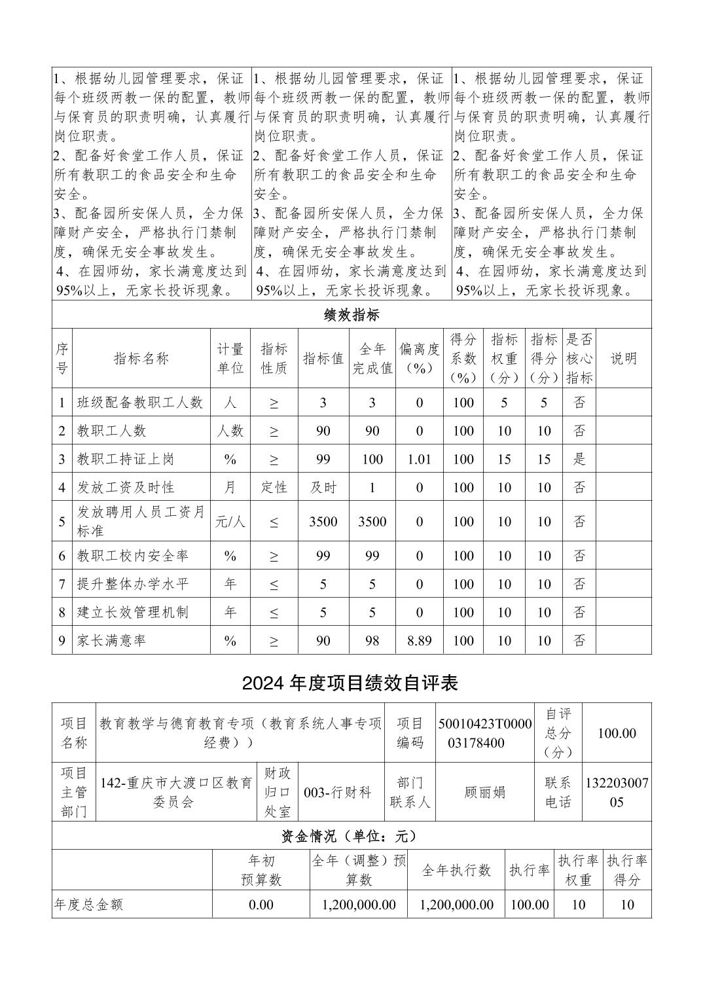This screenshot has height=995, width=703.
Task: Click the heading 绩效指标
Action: point(351,315)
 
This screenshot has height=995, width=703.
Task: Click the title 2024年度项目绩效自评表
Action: point(350,683)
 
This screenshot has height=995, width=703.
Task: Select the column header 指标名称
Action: point(141,358)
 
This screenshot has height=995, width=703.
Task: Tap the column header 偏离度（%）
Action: point(420,358)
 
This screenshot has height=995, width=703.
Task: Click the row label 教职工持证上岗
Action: point(126,459)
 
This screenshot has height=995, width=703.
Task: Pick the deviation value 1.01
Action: point(420,459)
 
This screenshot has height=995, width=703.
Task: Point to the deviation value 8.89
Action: point(420,640)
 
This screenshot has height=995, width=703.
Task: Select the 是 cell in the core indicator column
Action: point(579,459)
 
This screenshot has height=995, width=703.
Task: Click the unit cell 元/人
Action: point(230,522)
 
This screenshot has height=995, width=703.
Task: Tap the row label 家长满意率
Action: point(112,640)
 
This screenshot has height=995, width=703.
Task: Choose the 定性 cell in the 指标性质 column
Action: point(274,488)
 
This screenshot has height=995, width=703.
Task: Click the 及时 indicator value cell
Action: point(323,488)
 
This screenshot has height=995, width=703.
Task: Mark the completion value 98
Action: point(372,640)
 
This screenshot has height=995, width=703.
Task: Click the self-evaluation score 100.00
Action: point(617,733)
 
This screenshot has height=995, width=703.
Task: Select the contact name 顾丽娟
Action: point(485,792)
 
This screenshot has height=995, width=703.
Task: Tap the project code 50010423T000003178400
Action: point(485,733)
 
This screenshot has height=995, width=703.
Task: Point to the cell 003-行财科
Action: point(338,792)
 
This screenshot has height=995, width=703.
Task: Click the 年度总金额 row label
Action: point(88,905)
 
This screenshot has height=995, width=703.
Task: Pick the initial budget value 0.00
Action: point(261,905)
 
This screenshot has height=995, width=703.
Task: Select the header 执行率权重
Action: point(579,870)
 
